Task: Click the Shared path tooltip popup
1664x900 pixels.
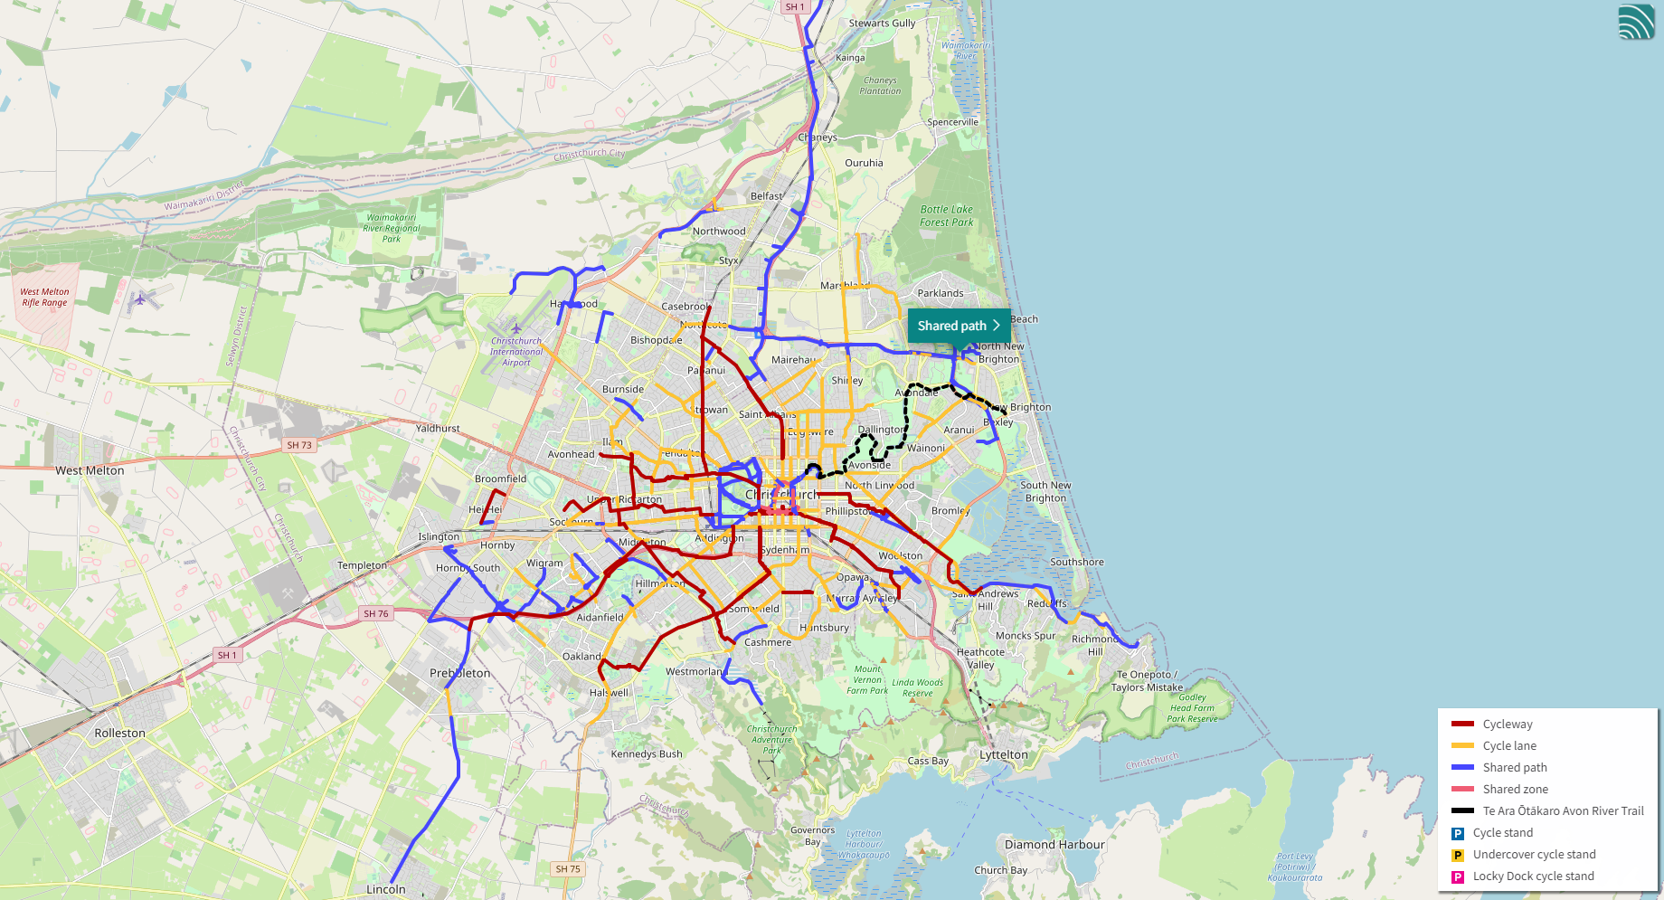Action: tap(958, 326)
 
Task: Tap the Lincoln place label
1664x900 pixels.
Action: tap(386, 889)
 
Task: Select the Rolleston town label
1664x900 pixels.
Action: tap(119, 733)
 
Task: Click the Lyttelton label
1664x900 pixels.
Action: tap(1004, 754)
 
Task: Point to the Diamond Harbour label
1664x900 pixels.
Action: tap(1054, 845)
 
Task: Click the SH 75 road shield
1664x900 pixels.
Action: tap(568, 869)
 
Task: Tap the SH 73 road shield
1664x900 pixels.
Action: tap(299, 445)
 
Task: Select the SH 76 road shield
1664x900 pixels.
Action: tap(376, 613)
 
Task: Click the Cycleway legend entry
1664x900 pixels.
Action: tap(1508, 724)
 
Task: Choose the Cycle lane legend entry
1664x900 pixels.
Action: tap(1509, 745)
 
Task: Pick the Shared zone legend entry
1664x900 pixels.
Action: tap(1515, 789)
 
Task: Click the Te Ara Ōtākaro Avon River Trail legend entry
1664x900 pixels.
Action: tap(1563, 810)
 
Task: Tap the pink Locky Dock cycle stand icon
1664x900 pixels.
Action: tap(1458, 876)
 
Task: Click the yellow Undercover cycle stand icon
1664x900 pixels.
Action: tap(1458, 855)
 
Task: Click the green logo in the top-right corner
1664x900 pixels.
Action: tap(1636, 22)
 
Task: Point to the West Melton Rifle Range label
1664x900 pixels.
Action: tap(44, 298)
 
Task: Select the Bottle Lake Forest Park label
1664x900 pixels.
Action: tap(947, 215)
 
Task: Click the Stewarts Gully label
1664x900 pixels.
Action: tap(882, 24)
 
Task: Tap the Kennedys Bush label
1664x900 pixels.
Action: tap(647, 753)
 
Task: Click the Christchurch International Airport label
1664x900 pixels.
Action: tap(516, 352)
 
